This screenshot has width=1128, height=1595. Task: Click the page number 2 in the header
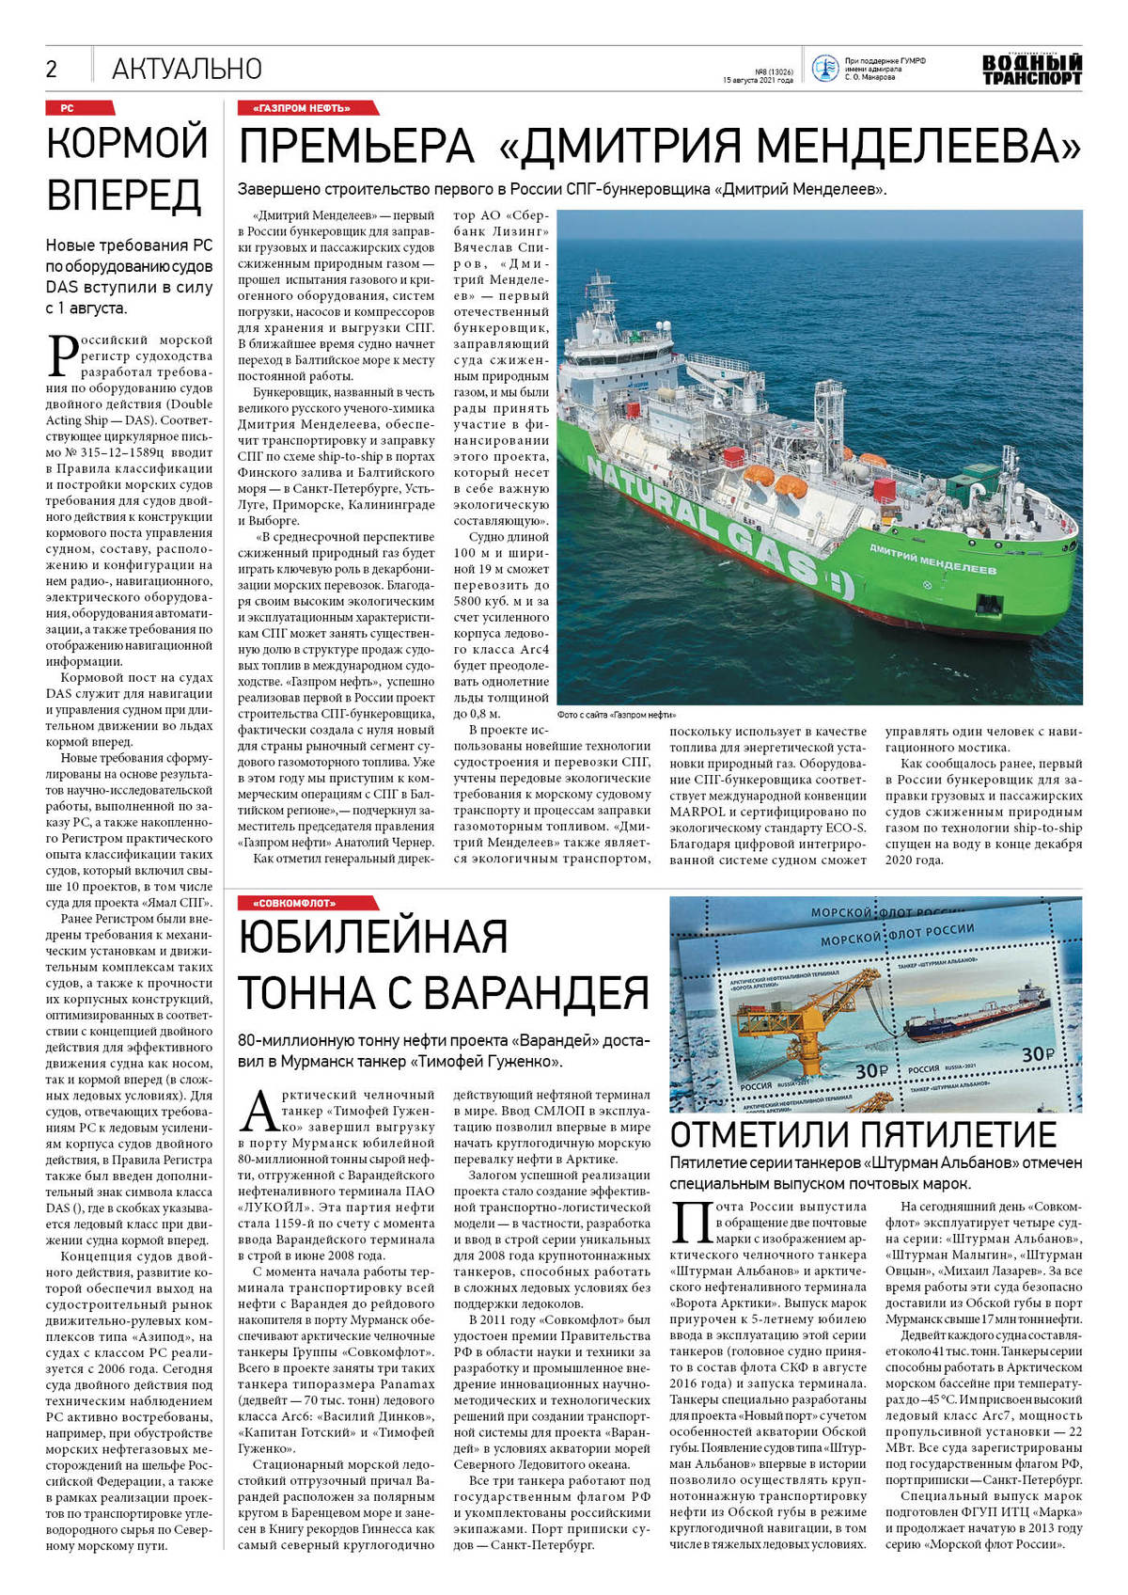[52, 69]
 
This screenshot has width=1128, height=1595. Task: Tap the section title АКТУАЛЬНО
[186, 69]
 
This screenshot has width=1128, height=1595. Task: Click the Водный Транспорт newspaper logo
[1031, 70]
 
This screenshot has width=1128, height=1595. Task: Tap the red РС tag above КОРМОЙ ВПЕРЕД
[68, 108]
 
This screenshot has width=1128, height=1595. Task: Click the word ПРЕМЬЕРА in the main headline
[356, 147]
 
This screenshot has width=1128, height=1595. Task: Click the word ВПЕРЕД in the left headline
[124, 195]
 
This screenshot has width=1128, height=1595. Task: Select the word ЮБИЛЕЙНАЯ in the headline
[373, 938]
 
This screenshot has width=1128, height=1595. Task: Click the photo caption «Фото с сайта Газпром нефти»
[616, 715]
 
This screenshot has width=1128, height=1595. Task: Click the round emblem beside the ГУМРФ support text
[824, 69]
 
